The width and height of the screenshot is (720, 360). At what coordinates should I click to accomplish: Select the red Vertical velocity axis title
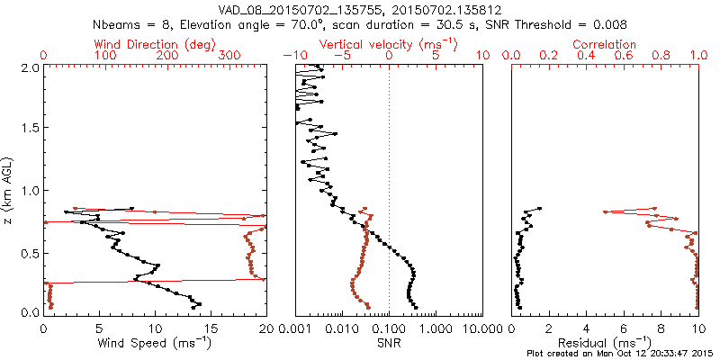coord(389,44)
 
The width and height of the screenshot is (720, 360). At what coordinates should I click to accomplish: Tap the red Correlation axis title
coord(605,44)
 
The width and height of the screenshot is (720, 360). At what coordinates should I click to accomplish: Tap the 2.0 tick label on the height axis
coord(30,68)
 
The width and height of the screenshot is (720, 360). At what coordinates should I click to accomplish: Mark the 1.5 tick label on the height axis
coord(30,130)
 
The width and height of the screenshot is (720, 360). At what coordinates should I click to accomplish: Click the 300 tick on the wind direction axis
coord(229,56)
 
